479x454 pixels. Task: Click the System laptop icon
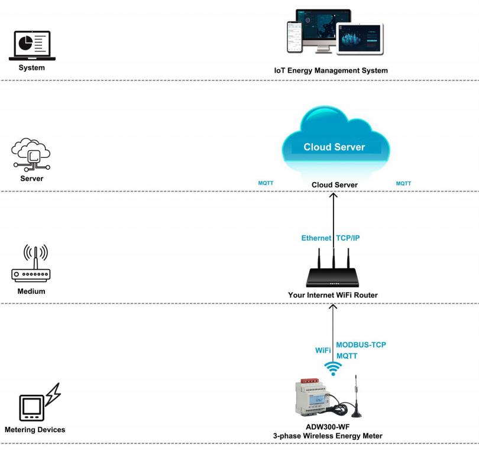(x=32, y=46)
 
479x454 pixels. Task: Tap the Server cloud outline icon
(x=32, y=155)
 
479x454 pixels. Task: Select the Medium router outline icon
(x=31, y=264)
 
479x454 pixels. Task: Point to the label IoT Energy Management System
(x=331, y=71)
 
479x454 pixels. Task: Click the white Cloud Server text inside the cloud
(x=334, y=147)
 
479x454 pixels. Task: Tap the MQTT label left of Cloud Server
(x=266, y=183)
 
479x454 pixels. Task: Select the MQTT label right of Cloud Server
(x=403, y=183)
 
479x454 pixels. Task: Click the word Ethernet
(x=316, y=238)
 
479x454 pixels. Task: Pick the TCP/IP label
(x=348, y=238)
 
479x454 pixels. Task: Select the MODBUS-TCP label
(x=361, y=345)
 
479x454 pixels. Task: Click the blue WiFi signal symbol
(x=334, y=368)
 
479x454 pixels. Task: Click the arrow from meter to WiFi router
(x=333, y=331)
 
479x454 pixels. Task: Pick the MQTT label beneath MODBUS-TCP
(x=348, y=356)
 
